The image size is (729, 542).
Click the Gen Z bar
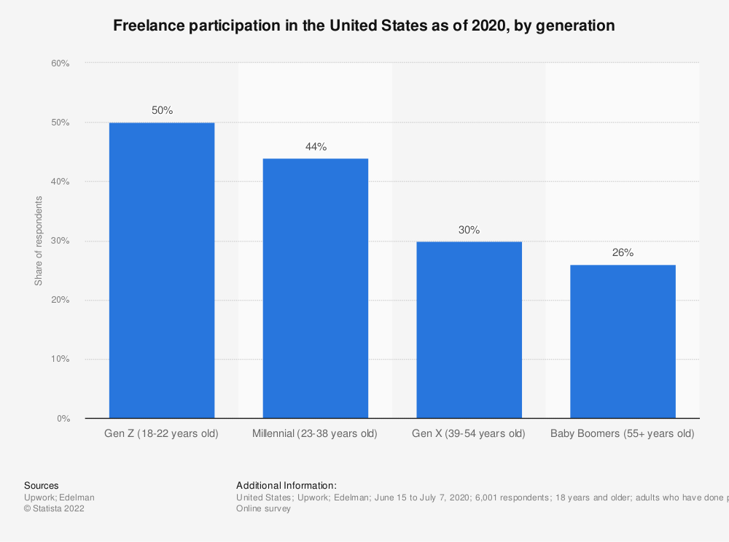(x=162, y=270)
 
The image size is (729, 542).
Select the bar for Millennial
(x=315, y=288)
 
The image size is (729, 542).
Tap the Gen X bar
(x=469, y=330)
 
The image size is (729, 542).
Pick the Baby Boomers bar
(x=623, y=341)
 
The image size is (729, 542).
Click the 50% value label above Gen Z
(x=162, y=110)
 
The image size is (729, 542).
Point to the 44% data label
(x=316, y=147)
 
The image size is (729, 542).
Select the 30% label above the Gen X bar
(x=469, y=230)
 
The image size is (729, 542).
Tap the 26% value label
(x=623, y=253)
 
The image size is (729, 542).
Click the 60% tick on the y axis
(x=60, y=63)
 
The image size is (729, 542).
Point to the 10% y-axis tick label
(x=60, y=360)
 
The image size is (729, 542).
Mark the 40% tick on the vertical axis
(x=60, y=182)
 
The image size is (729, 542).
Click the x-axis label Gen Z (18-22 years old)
(x=162, y=433)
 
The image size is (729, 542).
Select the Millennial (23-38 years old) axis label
(x=315, y=433)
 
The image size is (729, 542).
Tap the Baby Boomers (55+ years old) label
(x=622, y=433)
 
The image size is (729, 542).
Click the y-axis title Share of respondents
(x=39, y=241)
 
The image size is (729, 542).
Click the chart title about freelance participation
(x=364, y=26)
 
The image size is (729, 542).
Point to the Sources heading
(x=42, y=485)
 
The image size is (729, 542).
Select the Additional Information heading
(x=286, y=485)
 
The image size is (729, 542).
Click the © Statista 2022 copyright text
(x=54, y=508)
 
